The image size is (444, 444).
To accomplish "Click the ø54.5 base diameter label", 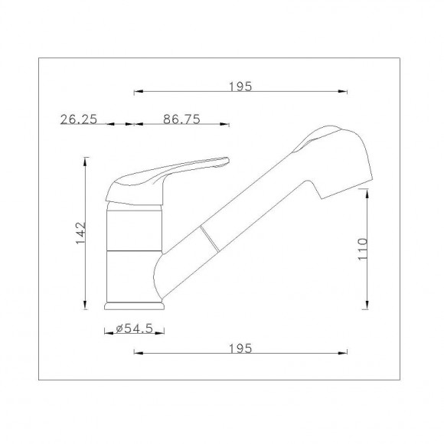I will (x=135, y=328).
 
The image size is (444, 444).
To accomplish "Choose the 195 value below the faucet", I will (x=240, y=348).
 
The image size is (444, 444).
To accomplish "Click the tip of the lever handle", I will (x=226, y=161).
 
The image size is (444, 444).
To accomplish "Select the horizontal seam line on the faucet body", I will (x=133, y=250).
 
